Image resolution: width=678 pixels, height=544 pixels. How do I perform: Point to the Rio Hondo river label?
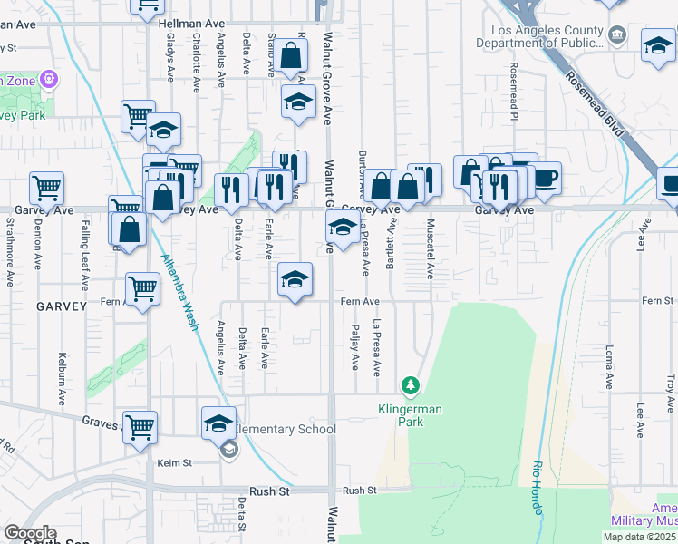click(x=536, y=490)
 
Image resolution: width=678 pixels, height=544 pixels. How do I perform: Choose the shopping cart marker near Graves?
click(x=140, y=427)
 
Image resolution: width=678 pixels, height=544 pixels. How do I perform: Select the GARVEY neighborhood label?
click(x=62, y=306)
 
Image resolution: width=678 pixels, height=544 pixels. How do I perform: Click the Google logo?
click(x=30, y=533)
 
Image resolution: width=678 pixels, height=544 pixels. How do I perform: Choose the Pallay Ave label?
click(x=354, y=348)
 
